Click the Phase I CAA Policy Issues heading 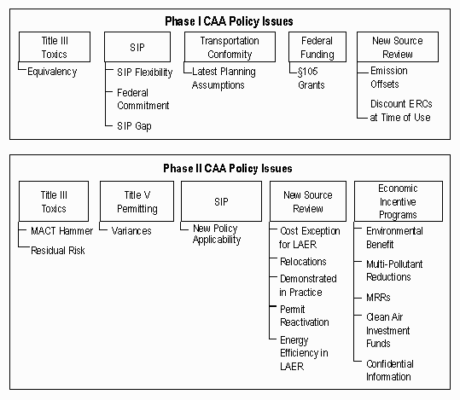[x=230, y=20]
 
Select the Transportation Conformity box [x=229, y=47]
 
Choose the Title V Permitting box [x=131, y=201]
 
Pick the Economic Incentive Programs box [x=398, y=201]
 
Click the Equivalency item [x=52, y=72]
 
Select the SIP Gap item [x=134, y=125]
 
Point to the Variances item [x=133, y=230]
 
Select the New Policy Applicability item [x=216, y=235]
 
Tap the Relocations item [x=303, y=262]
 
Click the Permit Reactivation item [x=304, y=316]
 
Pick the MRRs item [x=379, y=298]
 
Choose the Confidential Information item [x=388, y=369]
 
